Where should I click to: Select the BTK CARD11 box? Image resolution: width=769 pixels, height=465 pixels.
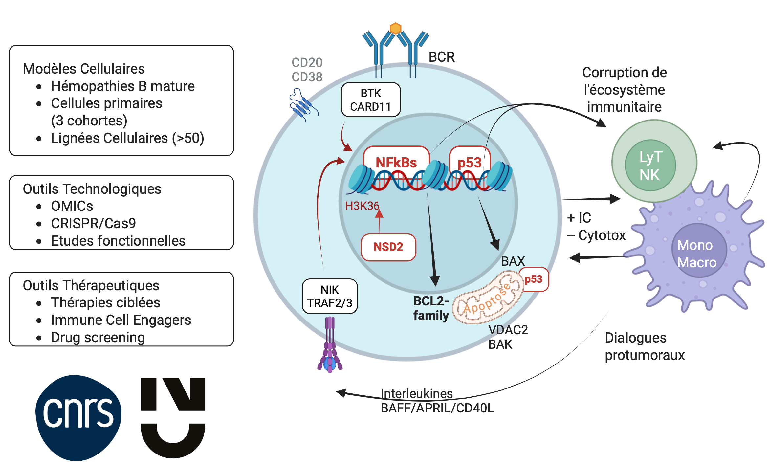[371, 100]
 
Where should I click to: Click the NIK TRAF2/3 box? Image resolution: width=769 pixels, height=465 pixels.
[330, 296]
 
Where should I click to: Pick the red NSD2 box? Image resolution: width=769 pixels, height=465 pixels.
[388, 247]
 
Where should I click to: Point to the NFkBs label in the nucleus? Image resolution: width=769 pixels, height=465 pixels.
[396, 162]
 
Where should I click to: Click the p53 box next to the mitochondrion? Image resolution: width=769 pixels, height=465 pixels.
[534, 279]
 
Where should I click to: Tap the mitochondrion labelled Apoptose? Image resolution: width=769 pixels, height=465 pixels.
[488, 298]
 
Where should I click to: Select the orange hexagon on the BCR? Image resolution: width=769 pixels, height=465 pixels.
[395, 28]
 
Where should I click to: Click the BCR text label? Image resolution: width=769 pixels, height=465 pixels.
[442, 57]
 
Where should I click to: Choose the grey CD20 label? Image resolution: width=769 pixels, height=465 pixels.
[307, 62]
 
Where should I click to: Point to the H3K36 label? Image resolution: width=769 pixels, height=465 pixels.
[362, 206]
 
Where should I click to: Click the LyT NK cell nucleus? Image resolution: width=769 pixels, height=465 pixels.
[650, 166]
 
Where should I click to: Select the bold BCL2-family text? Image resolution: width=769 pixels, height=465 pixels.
[431, 308]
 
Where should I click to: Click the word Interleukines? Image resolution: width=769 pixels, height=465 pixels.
[417, 393]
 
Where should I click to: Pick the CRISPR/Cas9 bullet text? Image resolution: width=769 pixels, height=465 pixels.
[93, 224]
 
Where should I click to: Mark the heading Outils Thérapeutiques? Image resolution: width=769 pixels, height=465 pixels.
[91, 285]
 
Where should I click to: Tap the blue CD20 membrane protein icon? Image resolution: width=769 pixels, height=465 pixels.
[302, 104]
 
